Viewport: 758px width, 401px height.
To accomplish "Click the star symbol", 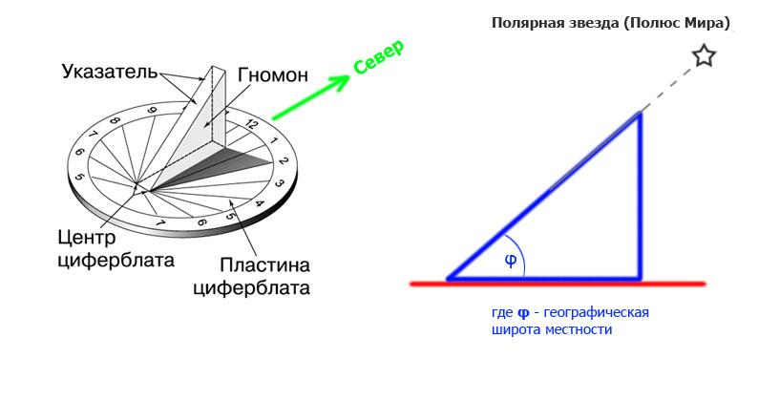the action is point(704,56).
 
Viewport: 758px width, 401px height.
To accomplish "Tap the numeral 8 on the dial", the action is point(115,123).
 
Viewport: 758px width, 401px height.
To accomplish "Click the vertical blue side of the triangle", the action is point(640,196).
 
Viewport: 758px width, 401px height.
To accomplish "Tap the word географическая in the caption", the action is point(593,313).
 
